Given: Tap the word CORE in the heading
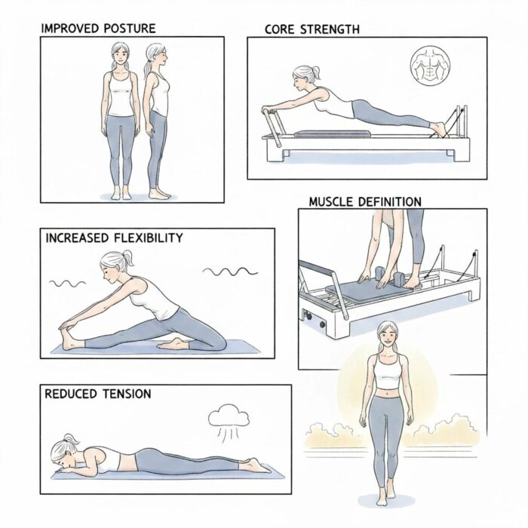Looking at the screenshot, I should (x=281, y=29).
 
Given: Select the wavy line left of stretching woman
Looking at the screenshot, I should (x=68, y=284).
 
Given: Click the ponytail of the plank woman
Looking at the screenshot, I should (x=315, y=72).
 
